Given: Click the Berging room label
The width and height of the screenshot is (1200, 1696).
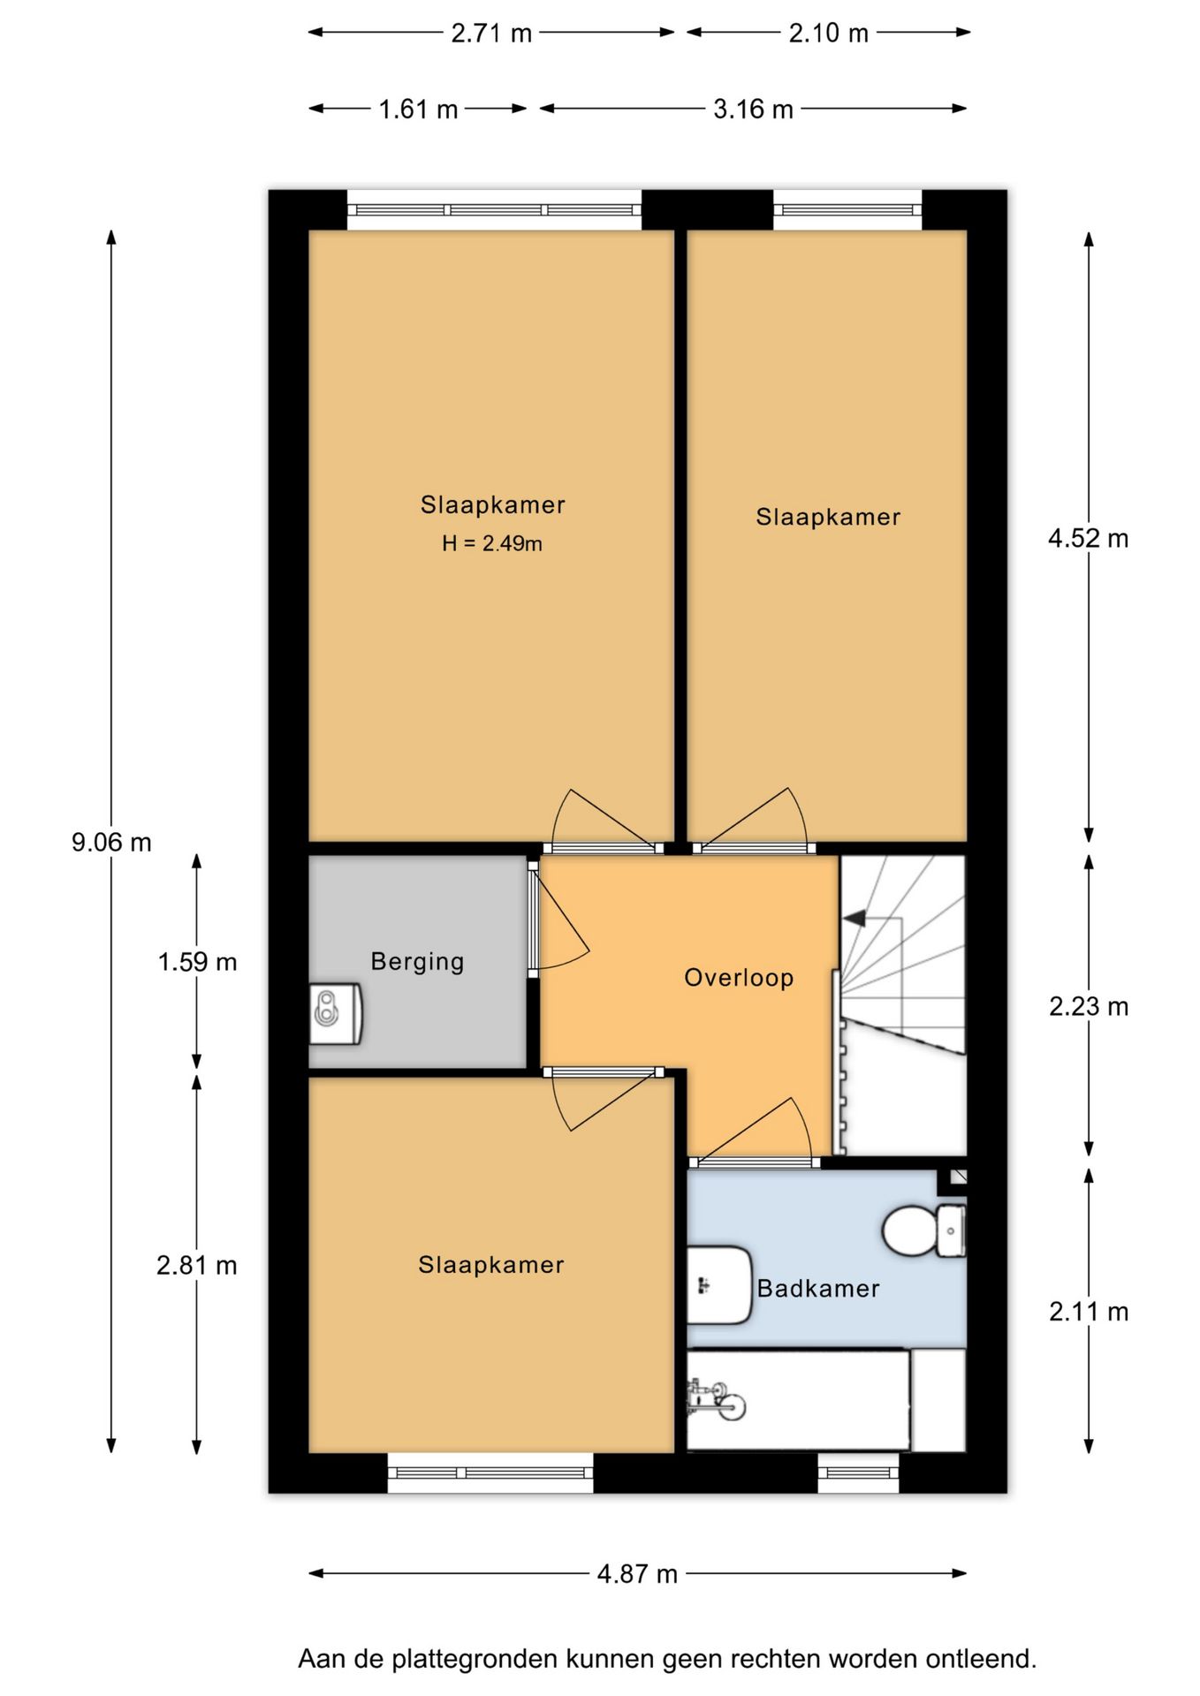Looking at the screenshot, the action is pyautogui.click(x=417, y=961).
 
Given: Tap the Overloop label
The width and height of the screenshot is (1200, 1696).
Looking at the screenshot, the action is pyautogui.click(x=739, y=978).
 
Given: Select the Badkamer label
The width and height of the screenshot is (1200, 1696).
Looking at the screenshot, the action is pyautogui.click(x=818, y=1289).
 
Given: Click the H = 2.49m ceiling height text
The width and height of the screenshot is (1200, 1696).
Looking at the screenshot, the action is pyautogui.click(x=492, y=544).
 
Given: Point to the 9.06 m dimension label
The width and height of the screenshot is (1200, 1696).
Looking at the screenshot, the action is pyautogui.click(x=111, y=843).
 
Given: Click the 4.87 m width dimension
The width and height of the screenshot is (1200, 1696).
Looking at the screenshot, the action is pyautogui.click(x=637, y=1573).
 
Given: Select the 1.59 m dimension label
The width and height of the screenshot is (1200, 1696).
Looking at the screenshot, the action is pyautogui.click(x=197, y=962).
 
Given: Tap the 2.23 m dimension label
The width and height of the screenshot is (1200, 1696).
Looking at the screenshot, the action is pyautogui.click(x=1089, y=1006).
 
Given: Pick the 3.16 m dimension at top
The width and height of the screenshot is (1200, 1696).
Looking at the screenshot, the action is pyautogui.click(x=753, y=110).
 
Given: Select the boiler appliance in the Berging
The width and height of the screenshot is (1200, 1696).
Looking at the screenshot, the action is pyautogui.click(x=335, y=1014).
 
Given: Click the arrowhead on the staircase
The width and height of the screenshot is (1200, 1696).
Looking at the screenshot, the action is pyautogui.click(x=854, y=919).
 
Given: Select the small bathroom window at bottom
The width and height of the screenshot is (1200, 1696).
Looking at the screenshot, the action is pyautogui.click(x=858, y=1473).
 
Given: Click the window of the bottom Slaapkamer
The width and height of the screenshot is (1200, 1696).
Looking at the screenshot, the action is pyautogui.click(x=490, y=1473).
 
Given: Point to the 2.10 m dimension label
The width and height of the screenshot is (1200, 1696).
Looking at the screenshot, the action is pyautogui.click(x=828, y=34).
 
